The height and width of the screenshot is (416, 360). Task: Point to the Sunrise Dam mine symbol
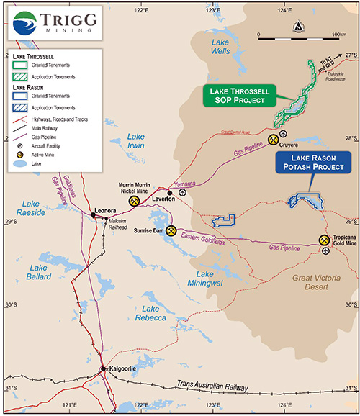171,232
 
